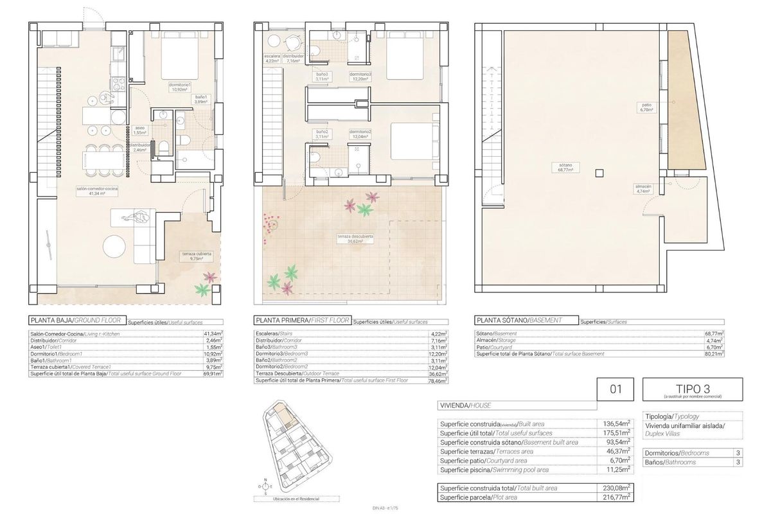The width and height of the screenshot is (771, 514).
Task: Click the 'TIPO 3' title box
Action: (693, 389)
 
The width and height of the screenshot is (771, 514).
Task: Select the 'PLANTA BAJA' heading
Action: (51, 320)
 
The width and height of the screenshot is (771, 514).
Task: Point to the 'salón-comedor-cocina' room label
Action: (97, 190)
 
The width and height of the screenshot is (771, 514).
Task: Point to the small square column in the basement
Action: (599, 172)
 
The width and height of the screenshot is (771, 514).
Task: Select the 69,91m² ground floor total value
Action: (212, 373)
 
